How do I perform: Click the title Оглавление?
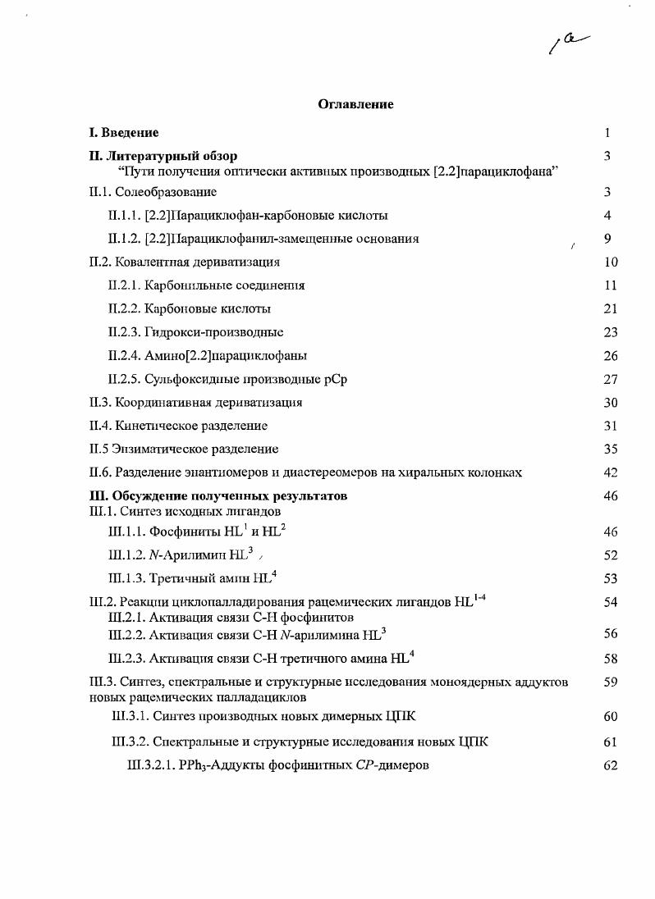tap(355, 104)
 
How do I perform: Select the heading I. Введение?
tap(124, 132)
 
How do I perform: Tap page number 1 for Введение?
tap(607, 132)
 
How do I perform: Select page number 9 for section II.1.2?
tap(607, 239)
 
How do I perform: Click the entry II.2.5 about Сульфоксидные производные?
tap(220, 379)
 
